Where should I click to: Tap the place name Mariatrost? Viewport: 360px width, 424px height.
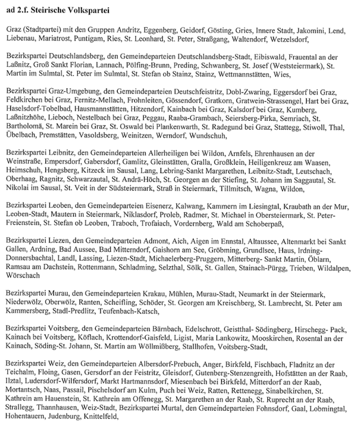[x=58, y=40]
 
